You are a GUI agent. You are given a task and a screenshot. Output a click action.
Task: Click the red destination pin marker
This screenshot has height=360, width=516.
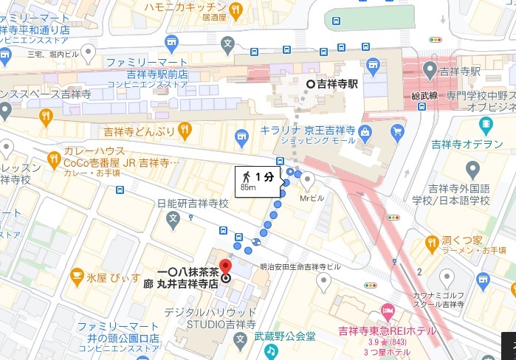click(x=227, y=266)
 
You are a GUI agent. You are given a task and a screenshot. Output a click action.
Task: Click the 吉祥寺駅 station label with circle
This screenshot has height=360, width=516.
click(x=332, y=84)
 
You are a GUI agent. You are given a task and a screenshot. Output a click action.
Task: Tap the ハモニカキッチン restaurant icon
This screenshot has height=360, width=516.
click(x=235, y=10)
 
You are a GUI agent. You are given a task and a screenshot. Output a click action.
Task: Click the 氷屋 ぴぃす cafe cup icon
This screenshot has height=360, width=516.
click(x=76, y=276)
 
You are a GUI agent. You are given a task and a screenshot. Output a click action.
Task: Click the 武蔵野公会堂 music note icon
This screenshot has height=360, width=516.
click(x=271, y=351)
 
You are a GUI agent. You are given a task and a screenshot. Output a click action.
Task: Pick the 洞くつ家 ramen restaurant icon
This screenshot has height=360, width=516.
click(x=444, y=240)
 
